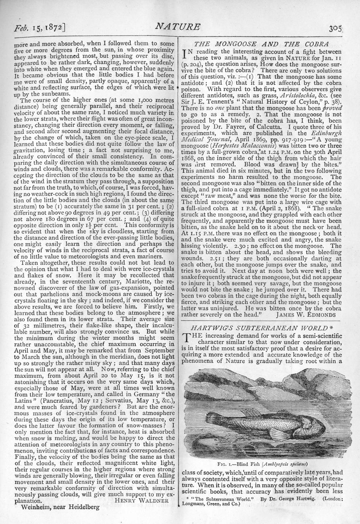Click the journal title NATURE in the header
pos(178,27)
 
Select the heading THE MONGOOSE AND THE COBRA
pos(262,44)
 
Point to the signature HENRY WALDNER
pos(141,500)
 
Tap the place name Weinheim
pos(36,507)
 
